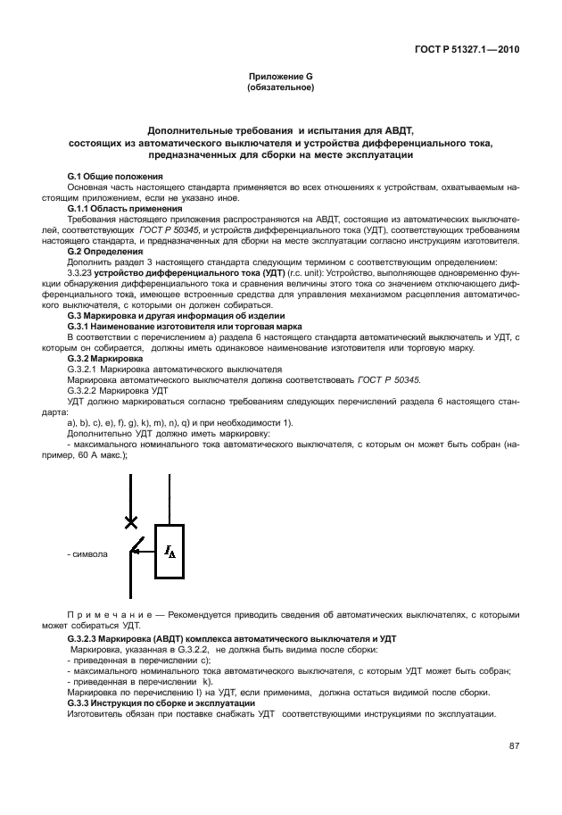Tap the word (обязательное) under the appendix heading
[x=280, y=89]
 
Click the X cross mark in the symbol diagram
[x=131, y=521]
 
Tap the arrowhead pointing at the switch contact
[x=136, y=552]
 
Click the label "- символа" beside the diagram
[x=87, y=554]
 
